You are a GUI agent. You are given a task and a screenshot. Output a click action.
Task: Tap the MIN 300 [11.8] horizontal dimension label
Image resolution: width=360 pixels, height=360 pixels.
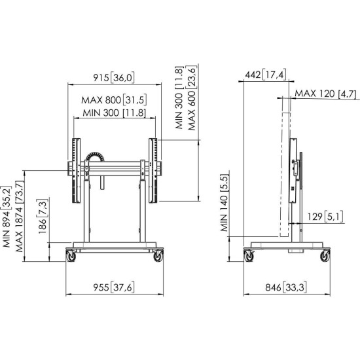[114, 113]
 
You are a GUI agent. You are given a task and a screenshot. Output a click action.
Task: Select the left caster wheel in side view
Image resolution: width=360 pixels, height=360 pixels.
[249, 257]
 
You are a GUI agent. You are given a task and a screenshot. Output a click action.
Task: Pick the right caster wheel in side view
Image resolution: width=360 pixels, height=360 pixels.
[323, 257]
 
